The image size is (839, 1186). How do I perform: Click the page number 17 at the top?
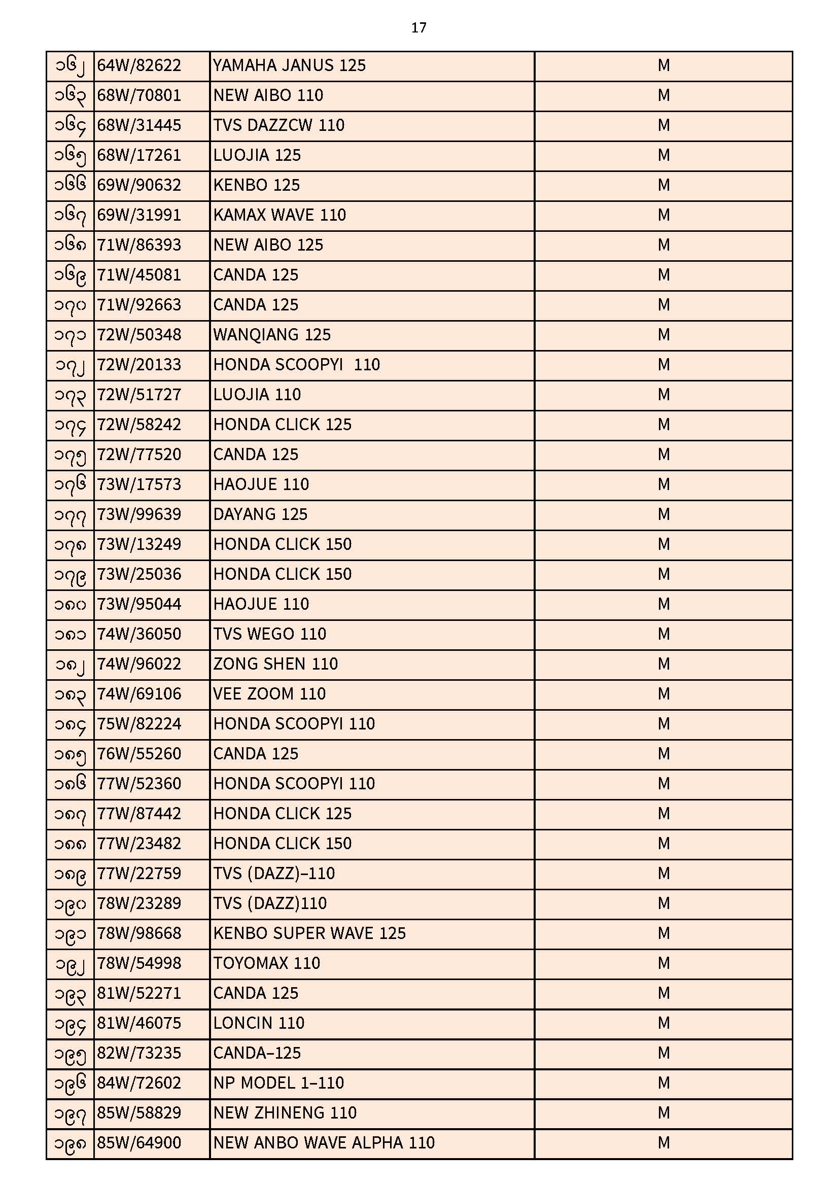point(418,28)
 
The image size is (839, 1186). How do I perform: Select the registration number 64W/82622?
point(139,65)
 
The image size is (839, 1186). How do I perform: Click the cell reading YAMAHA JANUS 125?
point(289,65)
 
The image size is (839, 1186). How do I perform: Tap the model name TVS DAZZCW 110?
point(278,125)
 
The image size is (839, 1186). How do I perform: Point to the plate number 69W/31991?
point(139,216)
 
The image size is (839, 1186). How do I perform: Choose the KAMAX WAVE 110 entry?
point(279,216)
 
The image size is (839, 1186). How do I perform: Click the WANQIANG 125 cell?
point(272,335)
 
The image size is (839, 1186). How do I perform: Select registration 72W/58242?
point(139,425)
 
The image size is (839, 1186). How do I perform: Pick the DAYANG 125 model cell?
point(260,514)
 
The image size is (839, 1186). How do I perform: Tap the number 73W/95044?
point(139,604)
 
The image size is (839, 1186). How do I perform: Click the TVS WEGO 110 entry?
point(270,634)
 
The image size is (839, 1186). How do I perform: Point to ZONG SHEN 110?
point(275,665)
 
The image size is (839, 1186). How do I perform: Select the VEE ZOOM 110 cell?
point(269,694)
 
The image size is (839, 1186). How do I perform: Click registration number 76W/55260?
point(139,754)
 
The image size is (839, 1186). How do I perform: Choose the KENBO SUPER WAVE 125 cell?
point(309,933)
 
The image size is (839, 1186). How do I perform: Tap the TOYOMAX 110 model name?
point(267,963)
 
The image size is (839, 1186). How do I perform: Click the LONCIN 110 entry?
point(258,1023)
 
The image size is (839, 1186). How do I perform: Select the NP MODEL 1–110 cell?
point(278,1083)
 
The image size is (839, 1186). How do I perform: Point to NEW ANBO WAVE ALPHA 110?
point(324,1143)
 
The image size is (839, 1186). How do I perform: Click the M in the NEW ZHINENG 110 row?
point(663,1113)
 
